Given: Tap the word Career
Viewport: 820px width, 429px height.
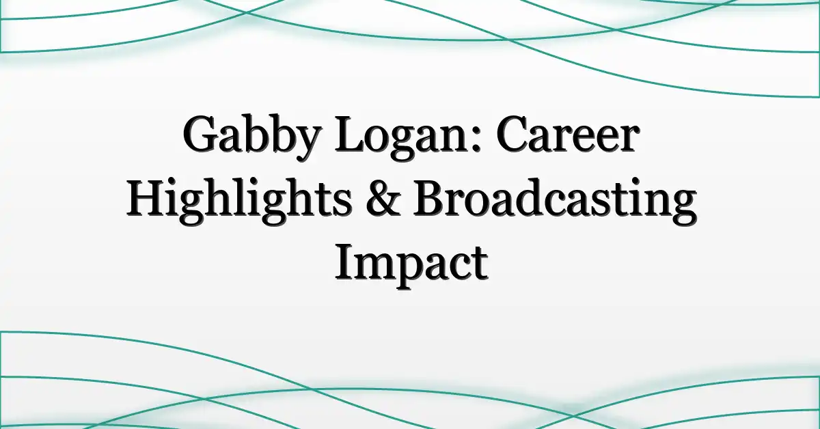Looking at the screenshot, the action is tap(568, 134).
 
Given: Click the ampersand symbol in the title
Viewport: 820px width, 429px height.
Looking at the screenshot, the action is tap(383, 199).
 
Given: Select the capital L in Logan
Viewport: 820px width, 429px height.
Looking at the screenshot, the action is tap(351, 135).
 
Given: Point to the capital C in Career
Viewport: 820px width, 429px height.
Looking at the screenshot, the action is tap(512, 135).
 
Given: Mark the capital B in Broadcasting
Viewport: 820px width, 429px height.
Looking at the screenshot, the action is tap(430, 199).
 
